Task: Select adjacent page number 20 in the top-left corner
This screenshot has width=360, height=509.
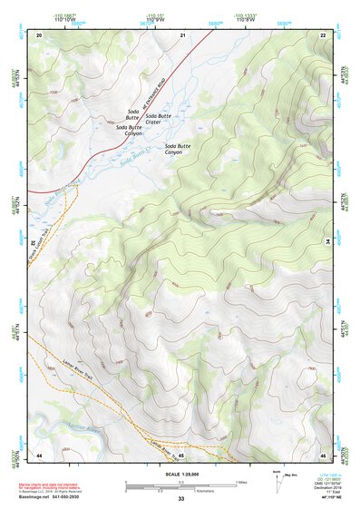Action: coord(39,34)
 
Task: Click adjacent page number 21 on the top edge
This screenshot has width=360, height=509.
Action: coord(182,34)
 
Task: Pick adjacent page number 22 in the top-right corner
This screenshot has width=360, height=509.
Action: coord(324,34)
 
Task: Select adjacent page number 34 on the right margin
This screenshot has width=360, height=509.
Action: coord(327,243)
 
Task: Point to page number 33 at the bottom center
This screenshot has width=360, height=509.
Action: coord(181,499)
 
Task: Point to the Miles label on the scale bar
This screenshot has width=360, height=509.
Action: coord(240,481)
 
